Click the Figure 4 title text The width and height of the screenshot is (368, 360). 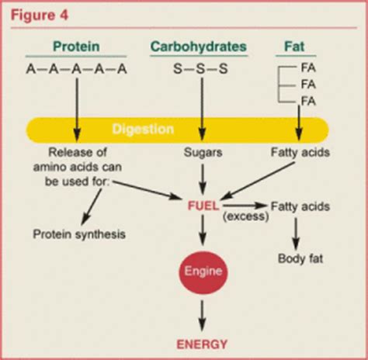tap(40, 13)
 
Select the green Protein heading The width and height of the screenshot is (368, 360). tap(76, 47)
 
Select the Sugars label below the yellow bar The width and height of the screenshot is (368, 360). tap(203, 153)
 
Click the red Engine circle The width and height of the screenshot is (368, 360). tap(203, 272)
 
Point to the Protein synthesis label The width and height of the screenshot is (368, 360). tap(79, 234)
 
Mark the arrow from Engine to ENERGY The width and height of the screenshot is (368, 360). tap(203, 315)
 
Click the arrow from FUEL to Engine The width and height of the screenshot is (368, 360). tap(203, 230)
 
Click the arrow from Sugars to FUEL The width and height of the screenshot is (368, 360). tap(203, 179)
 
